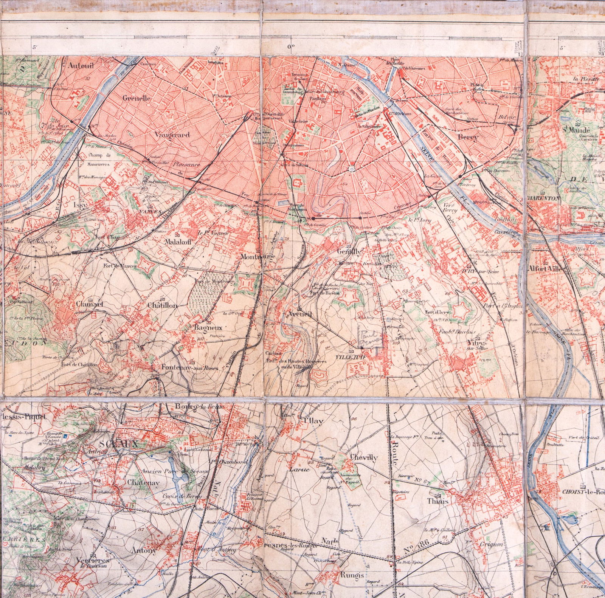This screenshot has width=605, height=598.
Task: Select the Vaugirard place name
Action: click(172, 134)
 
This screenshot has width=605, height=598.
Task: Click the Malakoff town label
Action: click(179, 242)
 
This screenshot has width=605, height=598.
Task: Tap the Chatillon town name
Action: click(162, 305)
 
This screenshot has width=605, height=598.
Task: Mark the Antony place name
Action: click(144, 551)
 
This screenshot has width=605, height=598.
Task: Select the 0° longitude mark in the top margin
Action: click(291, 47)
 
